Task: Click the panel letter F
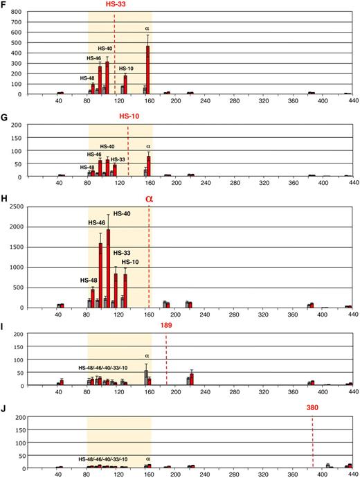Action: pyautogui.click(x=5, y=7)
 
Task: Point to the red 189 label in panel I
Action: pyautogui.click(x=166, y=326)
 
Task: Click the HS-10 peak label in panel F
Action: pyautogui.click(x=126, y=69)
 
